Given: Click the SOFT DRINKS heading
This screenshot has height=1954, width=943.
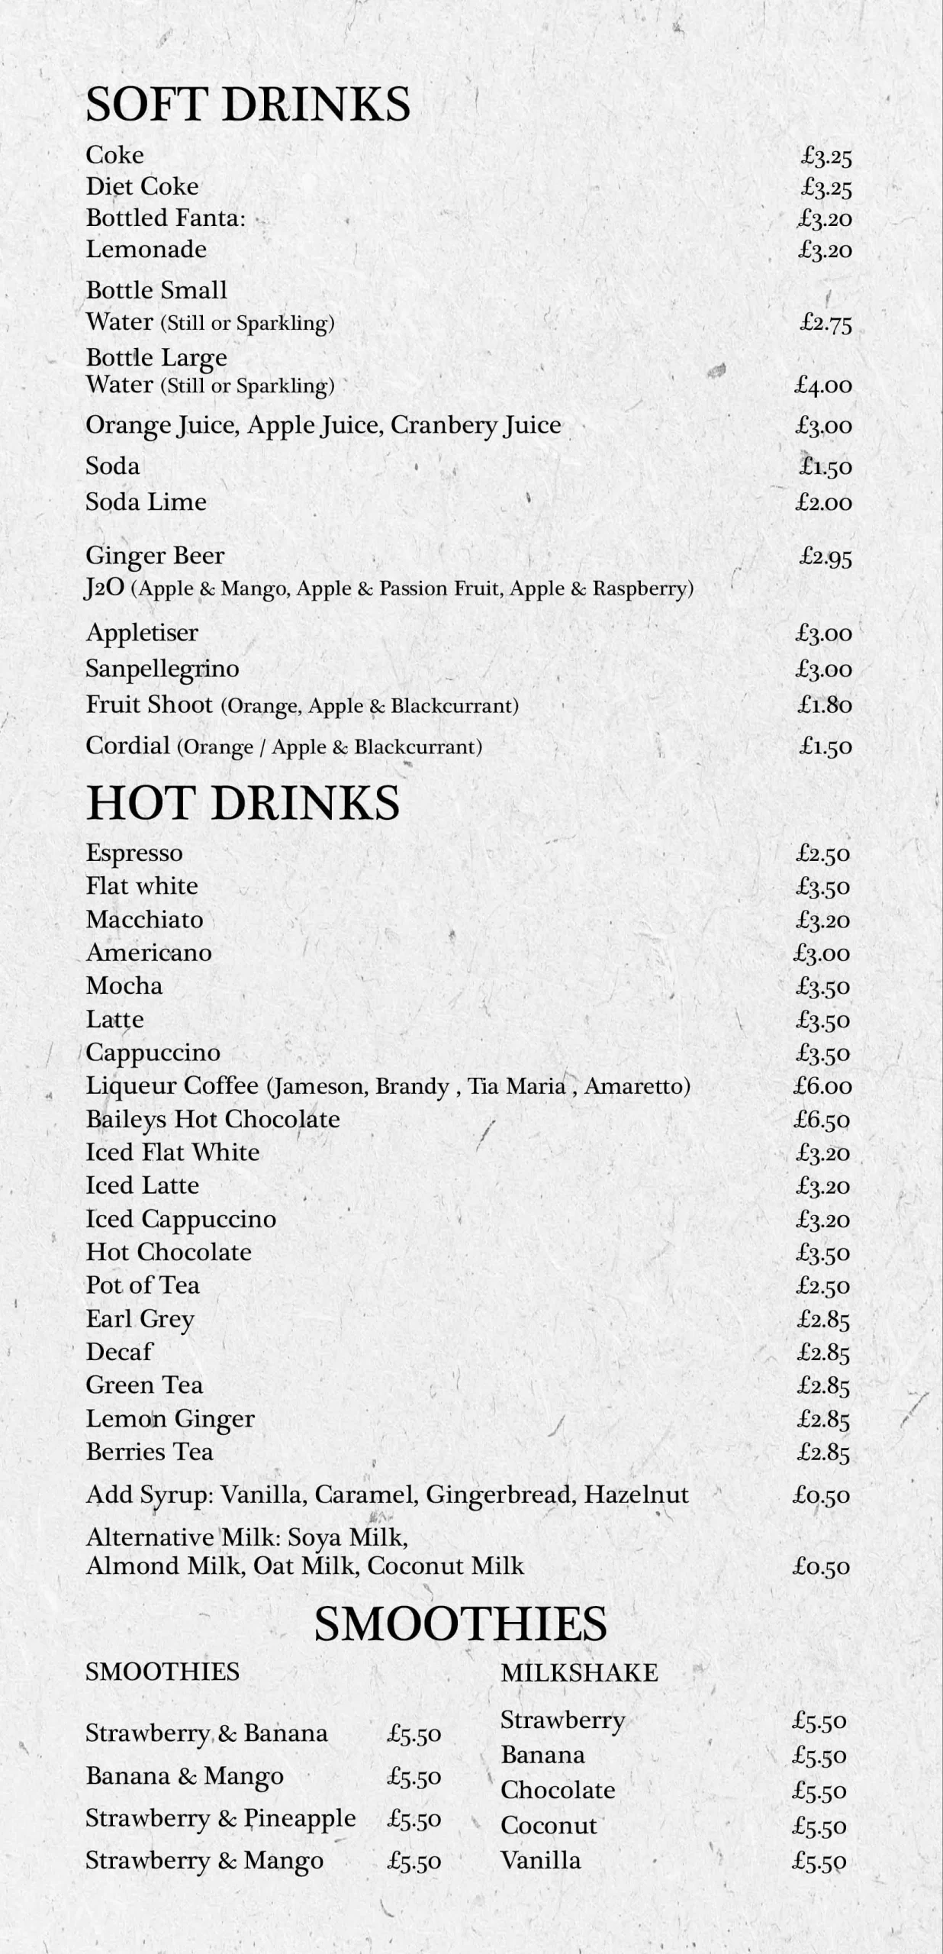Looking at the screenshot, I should pyautogui.click(x=247, y=105).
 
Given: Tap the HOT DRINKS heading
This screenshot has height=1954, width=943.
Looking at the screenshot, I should pyautogui.click(x=243, y=803).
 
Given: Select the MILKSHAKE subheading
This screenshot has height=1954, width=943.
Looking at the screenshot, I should pyautogui.click(x=579, y=1672).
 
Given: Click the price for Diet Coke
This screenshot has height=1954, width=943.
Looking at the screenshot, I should pyautogui.click(x=826, y=187).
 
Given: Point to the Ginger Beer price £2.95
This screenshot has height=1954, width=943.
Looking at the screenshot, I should pyautogui.click(x=826, y=557).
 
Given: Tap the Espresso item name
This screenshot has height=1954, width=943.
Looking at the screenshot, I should pyautogui.click(x=134, y=853).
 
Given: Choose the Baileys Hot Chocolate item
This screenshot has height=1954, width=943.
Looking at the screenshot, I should pyautogui.click(x=213, y=1119).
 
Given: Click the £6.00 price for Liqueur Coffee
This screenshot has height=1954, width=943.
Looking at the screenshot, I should pyautogui.click(x=822, y=1086).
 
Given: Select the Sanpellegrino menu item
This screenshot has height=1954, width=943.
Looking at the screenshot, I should pyautogui.click(x=162, y=669).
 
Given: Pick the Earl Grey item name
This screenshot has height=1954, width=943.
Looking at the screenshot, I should pyautogui.click(x=140, y=1319).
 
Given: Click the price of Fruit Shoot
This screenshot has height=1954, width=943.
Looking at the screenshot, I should pyautogui.click(x=825, y=705).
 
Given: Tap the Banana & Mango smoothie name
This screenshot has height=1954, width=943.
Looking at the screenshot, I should pyautogui.click(x=184, y=1776).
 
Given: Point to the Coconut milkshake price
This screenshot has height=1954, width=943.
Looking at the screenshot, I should pyautogui.click(x=819, y=1826).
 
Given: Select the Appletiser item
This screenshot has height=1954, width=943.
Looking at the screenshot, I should pyautogui.click(x=142, y=633).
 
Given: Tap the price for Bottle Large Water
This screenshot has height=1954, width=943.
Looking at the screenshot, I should pyautogui.click(x=823, y=385).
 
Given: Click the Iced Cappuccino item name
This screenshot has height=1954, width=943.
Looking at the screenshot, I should pyautogui.click(x=181, y=1219).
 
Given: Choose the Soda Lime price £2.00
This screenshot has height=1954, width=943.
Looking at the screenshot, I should pyautogui.click(x=823, y=502).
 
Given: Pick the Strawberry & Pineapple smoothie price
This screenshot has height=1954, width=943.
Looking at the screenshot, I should pyautogui.click(x=414, y=1819).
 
